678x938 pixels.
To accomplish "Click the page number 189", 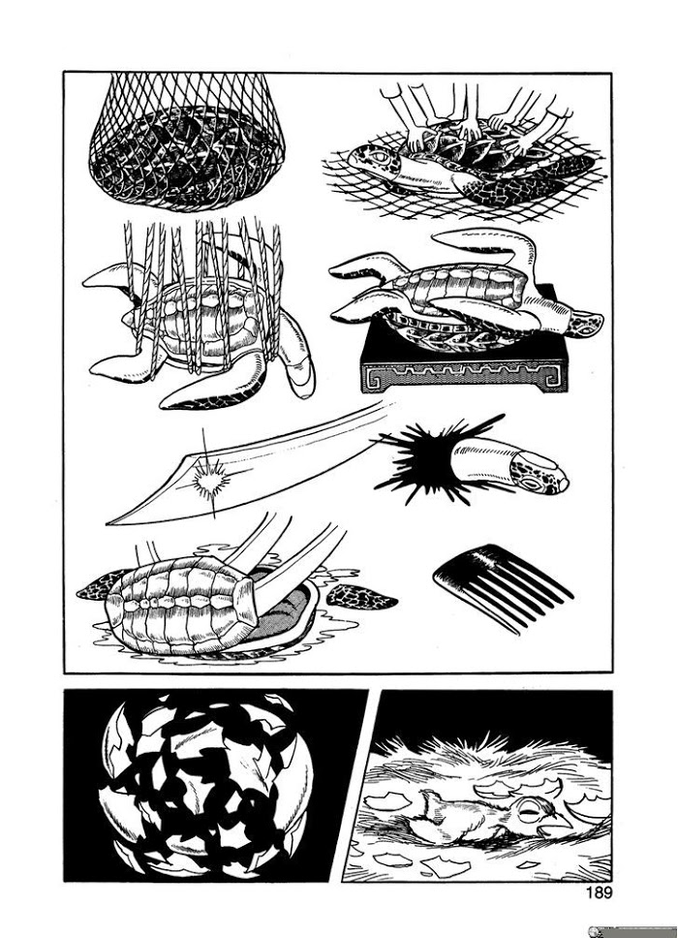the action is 600,893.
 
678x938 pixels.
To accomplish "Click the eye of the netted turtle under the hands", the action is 379,155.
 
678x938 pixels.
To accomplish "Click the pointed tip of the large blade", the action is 108,523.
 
